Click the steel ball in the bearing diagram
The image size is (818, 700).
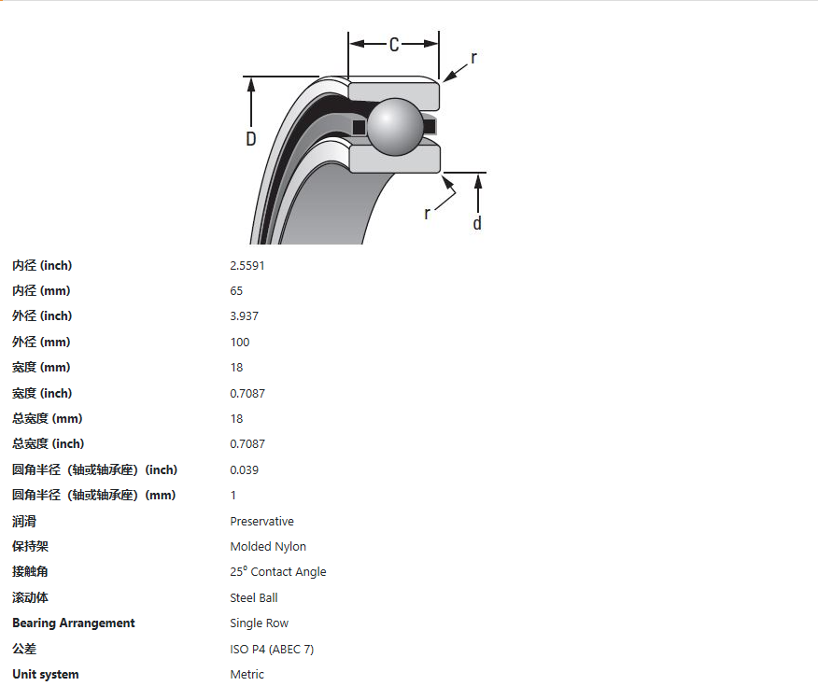[395, 127]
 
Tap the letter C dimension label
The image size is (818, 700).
[394, 45]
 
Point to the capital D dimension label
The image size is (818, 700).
[251, 139]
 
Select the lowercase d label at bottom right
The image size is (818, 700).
[477, 223]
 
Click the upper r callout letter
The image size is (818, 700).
[473, 57]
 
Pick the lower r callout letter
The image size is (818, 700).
[428, 213]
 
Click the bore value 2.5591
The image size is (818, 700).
[247, 265]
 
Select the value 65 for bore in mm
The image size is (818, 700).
[236, 290]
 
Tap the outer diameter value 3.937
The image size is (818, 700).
[244, 316]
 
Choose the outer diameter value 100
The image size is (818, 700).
[240, 343]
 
